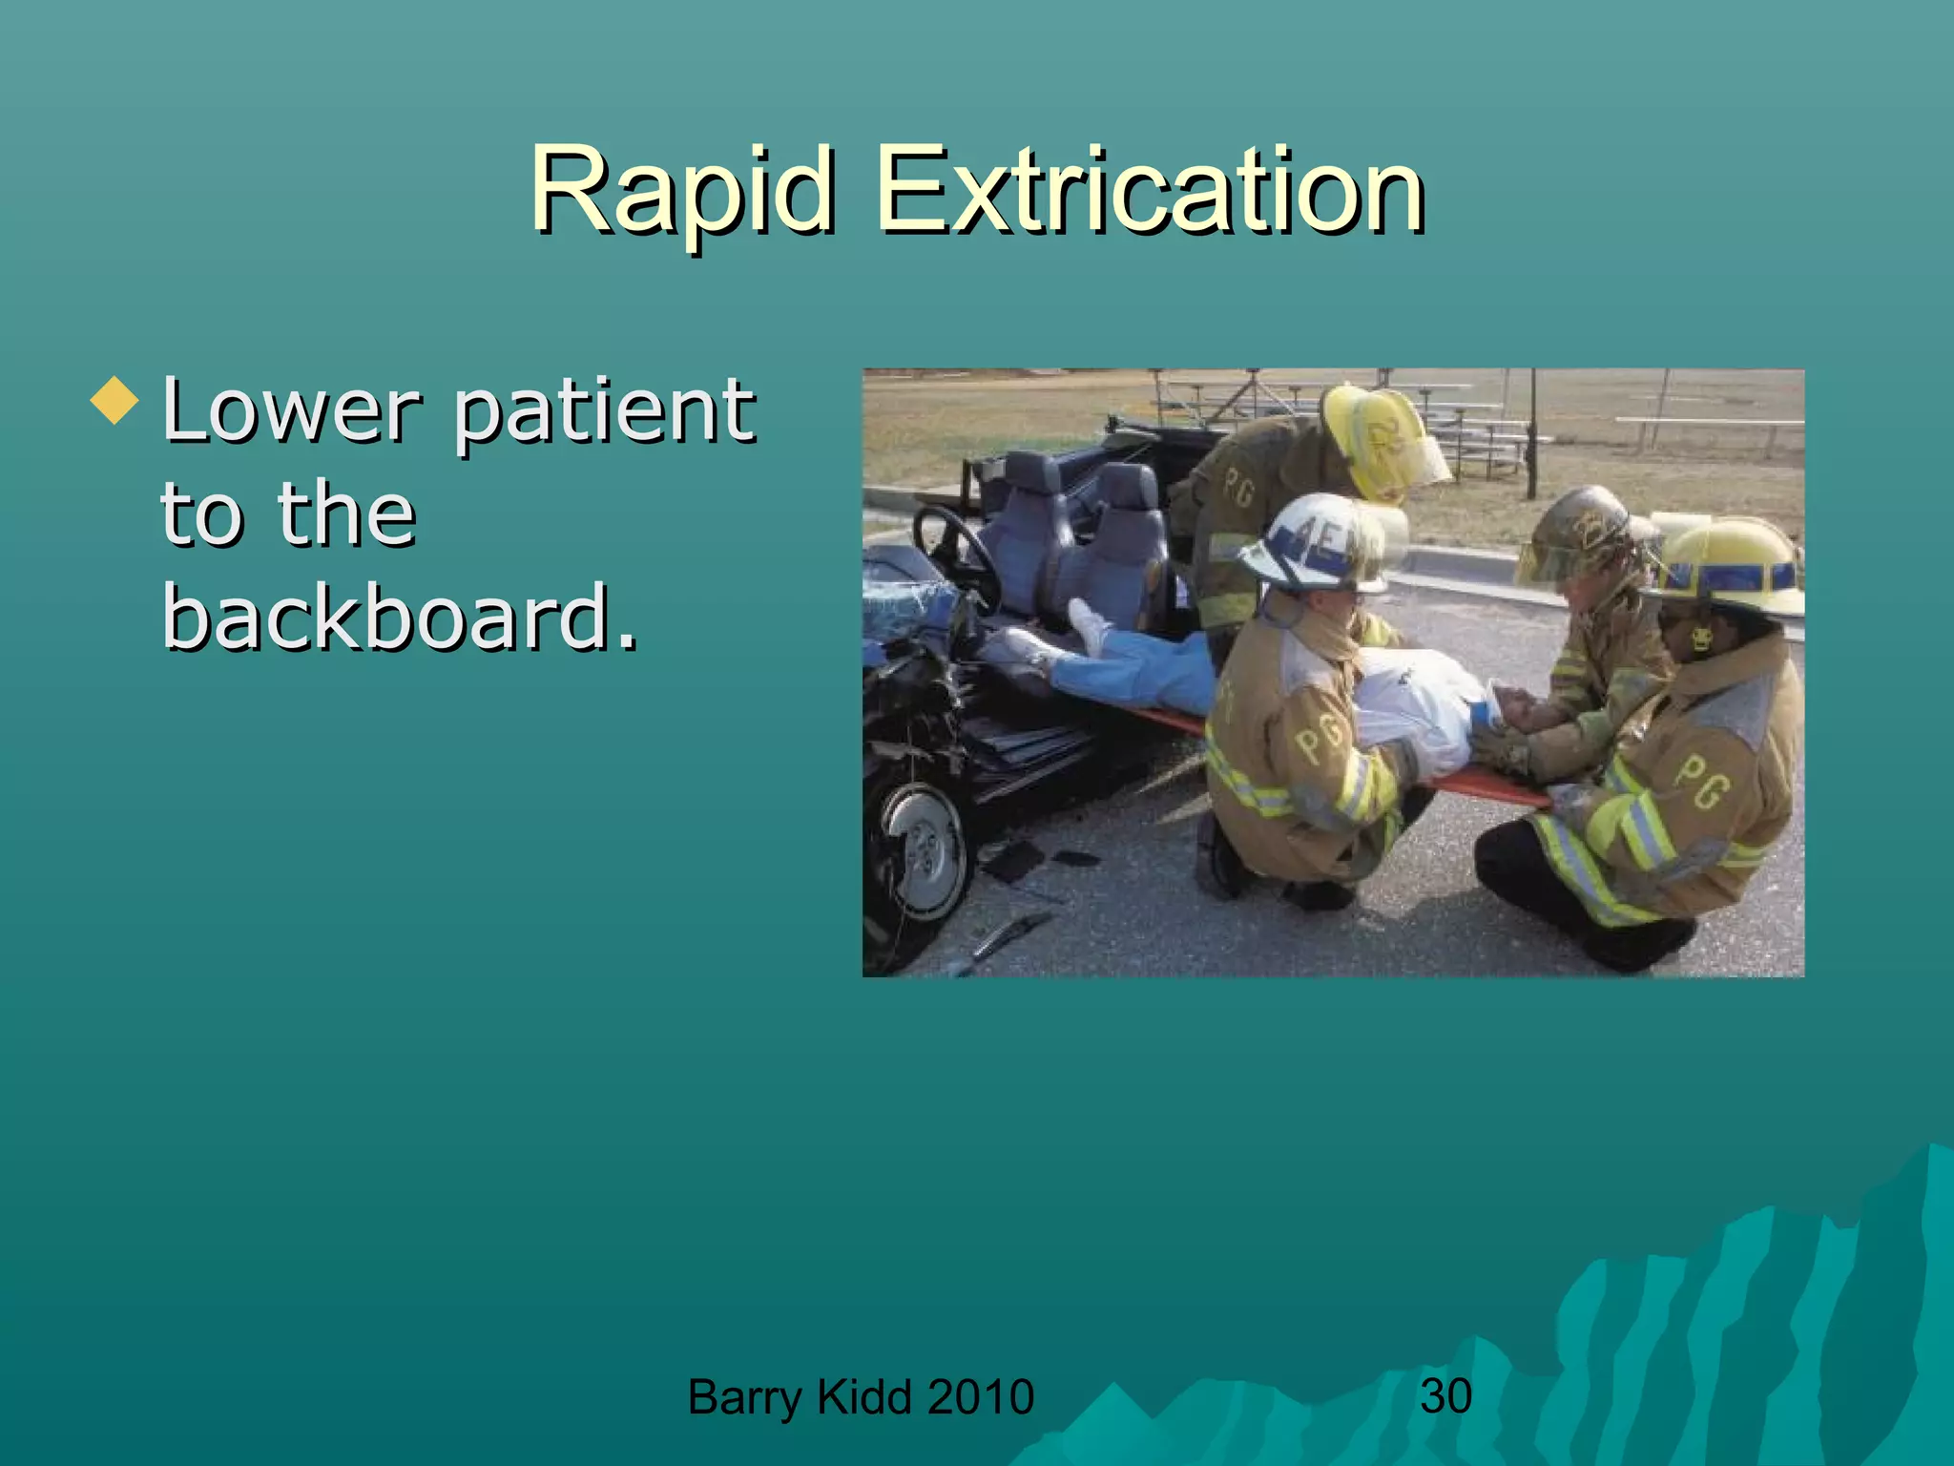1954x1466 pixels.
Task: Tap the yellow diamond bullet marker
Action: point(114,401)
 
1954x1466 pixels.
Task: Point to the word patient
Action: point(604,412)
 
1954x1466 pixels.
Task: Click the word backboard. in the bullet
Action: point(399,618)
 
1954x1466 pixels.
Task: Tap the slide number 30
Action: point(1445,1395)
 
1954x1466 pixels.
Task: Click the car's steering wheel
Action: point(954,554)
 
